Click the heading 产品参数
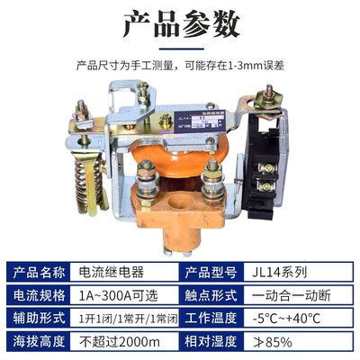pos(180,25)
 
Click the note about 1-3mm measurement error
pos(180,65)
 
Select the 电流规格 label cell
pos(40,294)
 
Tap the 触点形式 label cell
pos(220,294)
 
